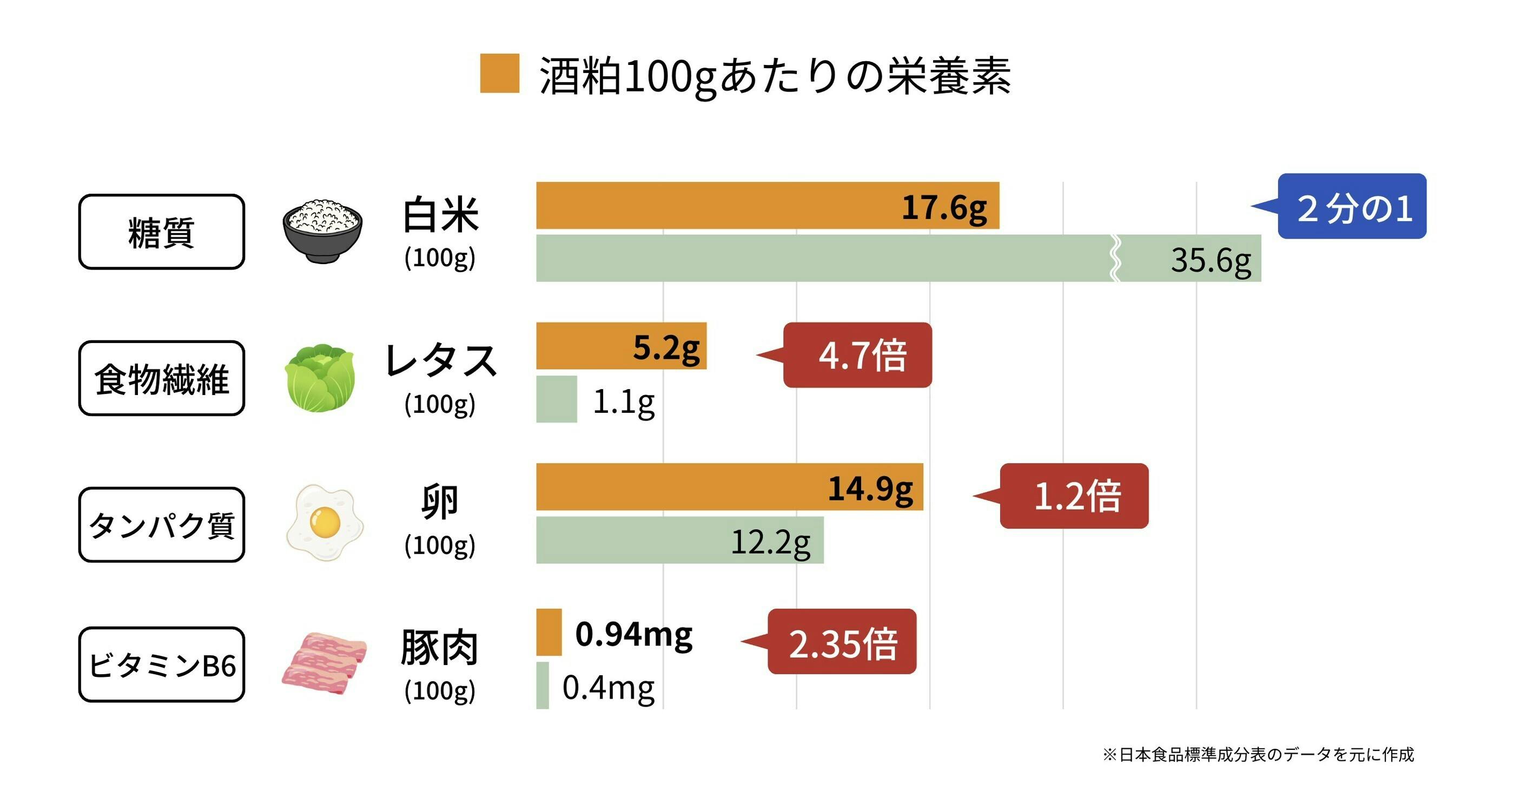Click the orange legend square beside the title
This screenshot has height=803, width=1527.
[x=499, y=74]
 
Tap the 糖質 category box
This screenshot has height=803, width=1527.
[x=161, y=232]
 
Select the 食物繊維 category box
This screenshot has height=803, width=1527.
[x=161, y=378]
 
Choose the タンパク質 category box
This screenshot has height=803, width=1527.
[x=161, y=525]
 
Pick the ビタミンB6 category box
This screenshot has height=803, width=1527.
[x=161, y=665]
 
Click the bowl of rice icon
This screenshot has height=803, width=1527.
[x=322, y=231]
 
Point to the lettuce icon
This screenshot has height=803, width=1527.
[x=321, y=378]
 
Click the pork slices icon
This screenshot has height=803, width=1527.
[x=323, y=663]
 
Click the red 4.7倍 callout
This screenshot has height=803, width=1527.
[x=857, y=356]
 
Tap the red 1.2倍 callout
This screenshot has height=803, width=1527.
[x=1074, y=496]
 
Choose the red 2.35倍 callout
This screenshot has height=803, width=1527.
[x=841, y=642]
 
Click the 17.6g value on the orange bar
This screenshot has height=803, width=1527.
[x=944, y=208]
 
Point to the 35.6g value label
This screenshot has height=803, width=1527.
[x=1211, y=260]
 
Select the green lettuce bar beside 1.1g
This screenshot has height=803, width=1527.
[x=556, y=399]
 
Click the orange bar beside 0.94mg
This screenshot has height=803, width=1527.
[x=548, y=632]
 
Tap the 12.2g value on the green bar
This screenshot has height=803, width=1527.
[x=770, y=542]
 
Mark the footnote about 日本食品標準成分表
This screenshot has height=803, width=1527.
[x=1258, y=754]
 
